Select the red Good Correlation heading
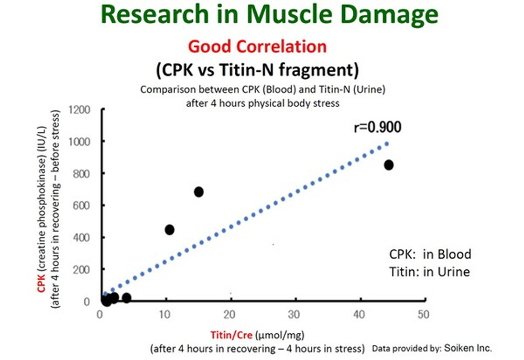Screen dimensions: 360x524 (x=257, y=46)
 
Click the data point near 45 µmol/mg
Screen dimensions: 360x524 (x=388, y=165)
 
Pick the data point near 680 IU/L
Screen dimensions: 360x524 (x=199, y=192)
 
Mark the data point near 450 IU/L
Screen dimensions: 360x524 (x=169, y=230)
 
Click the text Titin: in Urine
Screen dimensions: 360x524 (x=429, y=272)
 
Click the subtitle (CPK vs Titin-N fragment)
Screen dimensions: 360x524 (x=257, y=69)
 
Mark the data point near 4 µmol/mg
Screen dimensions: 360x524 (x=126, y=298)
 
